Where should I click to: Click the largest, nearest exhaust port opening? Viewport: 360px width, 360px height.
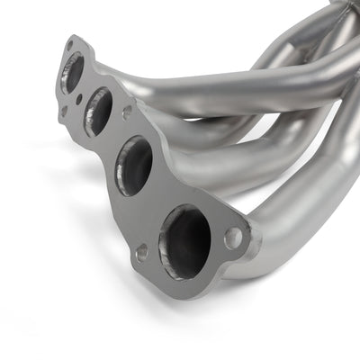(184, 240)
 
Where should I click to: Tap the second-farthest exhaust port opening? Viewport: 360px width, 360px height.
(98, 112)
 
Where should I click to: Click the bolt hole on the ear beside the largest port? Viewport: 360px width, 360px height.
(233, 238)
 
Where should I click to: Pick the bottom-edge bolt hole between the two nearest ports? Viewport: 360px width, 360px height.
(141, 253)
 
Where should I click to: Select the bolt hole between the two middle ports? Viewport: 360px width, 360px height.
(127, 112)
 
